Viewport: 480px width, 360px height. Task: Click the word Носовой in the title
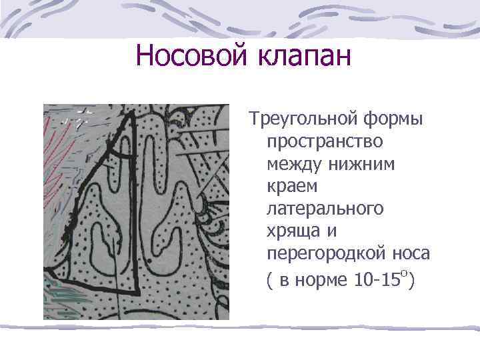[190, 56]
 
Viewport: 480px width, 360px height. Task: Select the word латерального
[325, 210]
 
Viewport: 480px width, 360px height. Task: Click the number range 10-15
[375, 279]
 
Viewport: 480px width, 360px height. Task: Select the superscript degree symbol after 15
[405, 272]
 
